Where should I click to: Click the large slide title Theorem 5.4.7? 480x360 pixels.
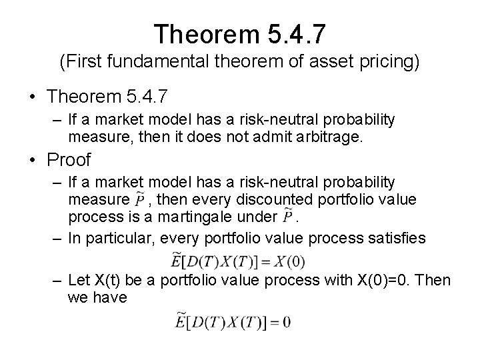pos(239,33)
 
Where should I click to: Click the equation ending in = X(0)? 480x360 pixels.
pos(230,260)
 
